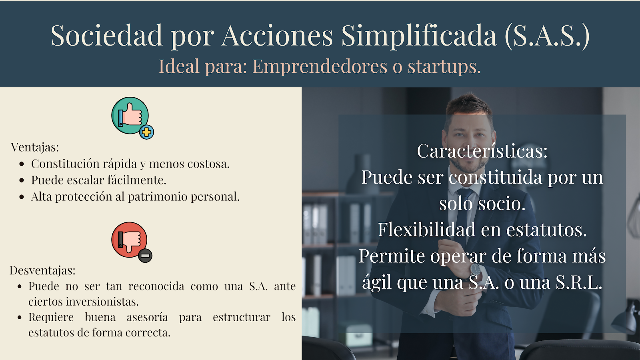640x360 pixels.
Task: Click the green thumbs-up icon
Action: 130,116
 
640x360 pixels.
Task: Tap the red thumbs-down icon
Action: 129,240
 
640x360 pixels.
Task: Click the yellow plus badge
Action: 146,132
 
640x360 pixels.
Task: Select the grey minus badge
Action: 145,256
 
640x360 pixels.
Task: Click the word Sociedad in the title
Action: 106,35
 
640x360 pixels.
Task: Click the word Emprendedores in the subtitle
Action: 320,66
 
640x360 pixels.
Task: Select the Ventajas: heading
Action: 35,147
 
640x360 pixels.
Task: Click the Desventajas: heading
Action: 42,270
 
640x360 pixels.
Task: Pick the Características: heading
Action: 482,150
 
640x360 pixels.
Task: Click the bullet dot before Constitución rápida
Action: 22,164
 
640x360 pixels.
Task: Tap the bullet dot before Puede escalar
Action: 22,180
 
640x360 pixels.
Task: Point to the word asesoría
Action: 147,317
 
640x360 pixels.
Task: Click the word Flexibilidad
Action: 425,230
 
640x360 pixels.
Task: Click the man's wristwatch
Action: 475,269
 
